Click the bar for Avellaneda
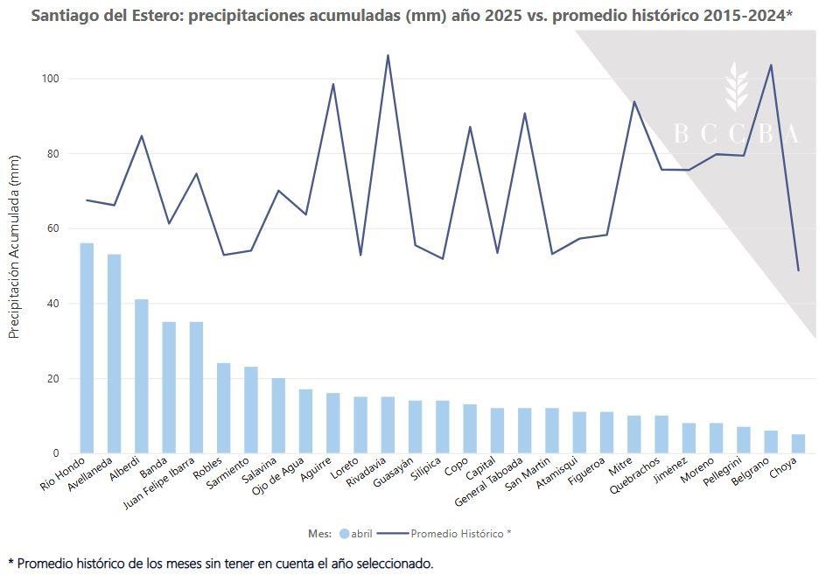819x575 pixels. [114, 354]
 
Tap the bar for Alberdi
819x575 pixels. [141, 376]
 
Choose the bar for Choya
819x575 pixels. [798, 444]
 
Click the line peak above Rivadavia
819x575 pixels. [388, 55]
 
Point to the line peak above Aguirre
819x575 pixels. [333, 84]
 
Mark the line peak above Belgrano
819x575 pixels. [771, 65]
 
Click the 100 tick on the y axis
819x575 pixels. [50, 79]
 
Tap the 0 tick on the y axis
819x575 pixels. [55, 453]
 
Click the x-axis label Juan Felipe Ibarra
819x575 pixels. [166, 485]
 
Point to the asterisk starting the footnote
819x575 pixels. [10, 563]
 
